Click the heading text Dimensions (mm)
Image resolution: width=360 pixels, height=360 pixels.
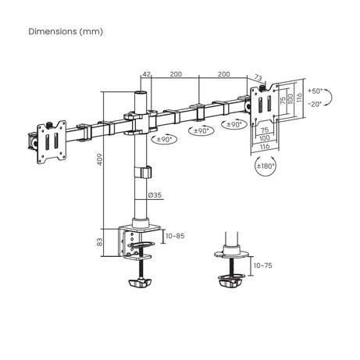click(x=66, y=31)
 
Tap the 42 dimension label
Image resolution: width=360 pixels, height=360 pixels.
click(x=147, y=74)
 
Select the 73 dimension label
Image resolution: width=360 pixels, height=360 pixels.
click(x=258, y=77)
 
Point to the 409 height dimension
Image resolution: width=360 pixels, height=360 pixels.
click(x=100, y=159)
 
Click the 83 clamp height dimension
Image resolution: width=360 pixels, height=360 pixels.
click(x=100, y=242)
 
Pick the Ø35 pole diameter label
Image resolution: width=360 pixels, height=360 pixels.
click(x=155, y=194)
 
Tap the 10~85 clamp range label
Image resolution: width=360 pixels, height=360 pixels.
click(x=175, y=236)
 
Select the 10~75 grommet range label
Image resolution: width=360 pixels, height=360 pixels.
click(x=263, y=266)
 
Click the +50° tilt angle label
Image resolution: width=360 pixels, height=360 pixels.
click(x=315, y=91)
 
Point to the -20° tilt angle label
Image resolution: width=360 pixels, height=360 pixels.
click(x=315, y=104)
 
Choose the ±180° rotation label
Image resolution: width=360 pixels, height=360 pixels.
click(x=266, y=166)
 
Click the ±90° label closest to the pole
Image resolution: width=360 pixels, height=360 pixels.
click(x=165, y=140)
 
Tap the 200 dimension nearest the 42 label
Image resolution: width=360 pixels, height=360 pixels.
click(x=176, y=74)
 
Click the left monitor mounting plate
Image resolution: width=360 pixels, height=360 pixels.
click(x=52, y=142)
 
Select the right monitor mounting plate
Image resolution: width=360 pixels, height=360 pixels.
click(x=264, y=105)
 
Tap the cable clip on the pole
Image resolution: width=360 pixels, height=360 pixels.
click(x=143, y=172)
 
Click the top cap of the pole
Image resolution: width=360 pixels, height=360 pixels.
click(x=141, y=93)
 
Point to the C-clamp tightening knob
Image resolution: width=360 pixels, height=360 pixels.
click(x=140, y=282)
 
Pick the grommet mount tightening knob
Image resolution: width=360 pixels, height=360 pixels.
click(x=230, y=282)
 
